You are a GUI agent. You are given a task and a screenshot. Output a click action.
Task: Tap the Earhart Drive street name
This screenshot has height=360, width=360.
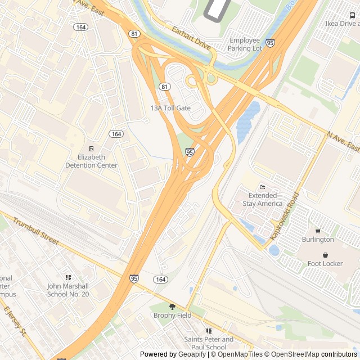point(191,38)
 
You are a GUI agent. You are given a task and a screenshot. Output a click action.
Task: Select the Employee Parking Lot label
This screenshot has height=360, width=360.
point(245,44)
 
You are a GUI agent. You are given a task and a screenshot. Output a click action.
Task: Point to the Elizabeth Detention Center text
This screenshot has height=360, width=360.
point(92,161)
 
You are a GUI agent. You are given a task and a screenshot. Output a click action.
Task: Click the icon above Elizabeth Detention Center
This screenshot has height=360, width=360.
point(92,149)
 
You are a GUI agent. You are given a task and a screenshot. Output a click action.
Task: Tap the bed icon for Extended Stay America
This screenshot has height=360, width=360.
point(262,187)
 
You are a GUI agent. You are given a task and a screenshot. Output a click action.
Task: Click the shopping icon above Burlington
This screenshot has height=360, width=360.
point(318,231)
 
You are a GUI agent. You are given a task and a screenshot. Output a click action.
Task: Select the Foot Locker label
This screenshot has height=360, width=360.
point(325,263)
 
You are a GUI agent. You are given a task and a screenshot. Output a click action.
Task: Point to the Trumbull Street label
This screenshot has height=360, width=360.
point(35,231)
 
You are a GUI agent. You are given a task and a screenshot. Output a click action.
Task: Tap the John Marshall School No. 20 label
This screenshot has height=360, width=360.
point(68,290)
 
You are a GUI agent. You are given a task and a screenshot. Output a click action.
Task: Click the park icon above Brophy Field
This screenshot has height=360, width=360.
point(172,307)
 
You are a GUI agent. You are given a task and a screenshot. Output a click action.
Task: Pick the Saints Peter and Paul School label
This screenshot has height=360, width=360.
point(209,343)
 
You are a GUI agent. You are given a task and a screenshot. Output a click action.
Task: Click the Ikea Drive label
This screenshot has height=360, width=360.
point(341,24)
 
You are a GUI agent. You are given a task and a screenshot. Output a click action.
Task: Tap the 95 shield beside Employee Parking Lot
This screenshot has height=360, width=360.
point(271,43)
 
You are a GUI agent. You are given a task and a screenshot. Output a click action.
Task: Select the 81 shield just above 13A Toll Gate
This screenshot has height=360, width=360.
point(164,87)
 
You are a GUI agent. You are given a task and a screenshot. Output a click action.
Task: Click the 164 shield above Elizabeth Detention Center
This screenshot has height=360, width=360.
point(116,134)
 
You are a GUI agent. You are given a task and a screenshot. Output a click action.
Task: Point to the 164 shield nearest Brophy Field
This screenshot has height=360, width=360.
point(160,280)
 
